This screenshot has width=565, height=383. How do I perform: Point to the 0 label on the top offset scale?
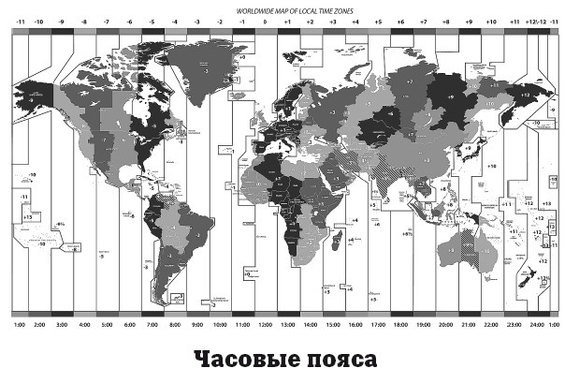[x=266, y=19]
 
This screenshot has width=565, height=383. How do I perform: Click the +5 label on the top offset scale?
[x=378, y=19]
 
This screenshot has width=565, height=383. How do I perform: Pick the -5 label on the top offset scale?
[x=152, y=19]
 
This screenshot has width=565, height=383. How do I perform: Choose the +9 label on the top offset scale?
[x=469, y=19]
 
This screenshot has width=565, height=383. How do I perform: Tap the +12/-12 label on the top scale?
[x=536, y=19]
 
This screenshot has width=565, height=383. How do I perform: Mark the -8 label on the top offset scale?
[x=83, y=19]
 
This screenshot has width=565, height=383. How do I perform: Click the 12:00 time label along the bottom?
[x=266, y=325]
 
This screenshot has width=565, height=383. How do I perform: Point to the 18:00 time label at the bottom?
[x=401, y=325]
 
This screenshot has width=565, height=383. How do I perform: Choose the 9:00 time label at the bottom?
[x=197, y=325]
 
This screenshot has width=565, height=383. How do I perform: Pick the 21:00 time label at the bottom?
[x=469, y=325]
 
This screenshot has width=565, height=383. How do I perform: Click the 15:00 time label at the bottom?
[x=334, y=325]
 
